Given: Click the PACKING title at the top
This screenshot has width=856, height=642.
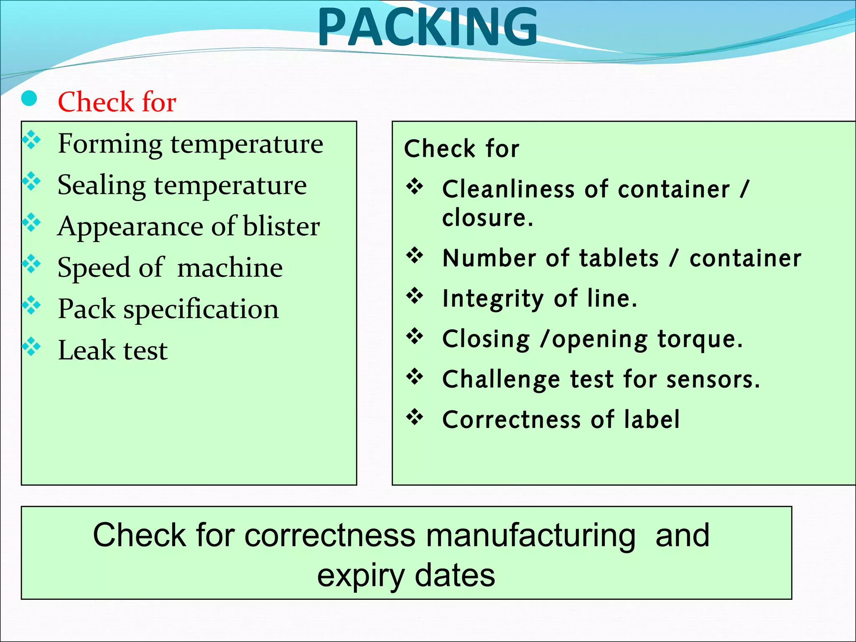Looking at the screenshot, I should coord(427,27).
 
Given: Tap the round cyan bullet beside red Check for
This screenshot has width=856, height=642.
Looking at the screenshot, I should coord(29,99).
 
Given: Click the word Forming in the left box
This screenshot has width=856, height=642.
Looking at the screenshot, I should coord(110,144).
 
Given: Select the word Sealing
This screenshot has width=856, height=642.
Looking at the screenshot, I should coord(102,186).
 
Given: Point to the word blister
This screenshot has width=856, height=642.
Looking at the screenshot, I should coord(281,227).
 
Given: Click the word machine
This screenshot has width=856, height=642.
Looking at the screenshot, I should coord(230,268).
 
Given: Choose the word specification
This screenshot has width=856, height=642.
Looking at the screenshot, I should coord(201,310).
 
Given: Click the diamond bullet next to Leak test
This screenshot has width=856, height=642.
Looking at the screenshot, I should coord(32,346).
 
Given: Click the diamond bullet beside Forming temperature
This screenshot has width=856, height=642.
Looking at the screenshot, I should coord(32,140).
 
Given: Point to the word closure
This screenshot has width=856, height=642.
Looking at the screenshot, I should coord(487,218).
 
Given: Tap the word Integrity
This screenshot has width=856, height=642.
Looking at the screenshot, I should coord(493,299).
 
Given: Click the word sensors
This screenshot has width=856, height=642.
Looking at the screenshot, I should coord(713,380).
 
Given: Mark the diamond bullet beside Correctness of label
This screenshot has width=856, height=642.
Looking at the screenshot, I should coord(415,417).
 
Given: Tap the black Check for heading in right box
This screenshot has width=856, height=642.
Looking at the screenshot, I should coord(461,149).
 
